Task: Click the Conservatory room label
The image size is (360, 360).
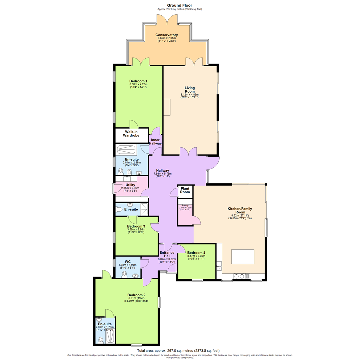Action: click(166, 35)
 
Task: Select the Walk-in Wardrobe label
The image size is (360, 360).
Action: click(132, 135)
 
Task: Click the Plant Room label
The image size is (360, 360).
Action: click(185, 190)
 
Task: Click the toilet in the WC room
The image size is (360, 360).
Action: click(124, 274)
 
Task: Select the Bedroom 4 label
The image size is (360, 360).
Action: click(196, 253)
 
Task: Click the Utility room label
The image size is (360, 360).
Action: click(130, 185)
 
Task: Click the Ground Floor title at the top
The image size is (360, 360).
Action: click(180, 5)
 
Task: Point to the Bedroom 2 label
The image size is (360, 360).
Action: click(136, 295)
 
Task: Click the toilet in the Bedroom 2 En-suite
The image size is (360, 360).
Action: click(101, 340)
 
